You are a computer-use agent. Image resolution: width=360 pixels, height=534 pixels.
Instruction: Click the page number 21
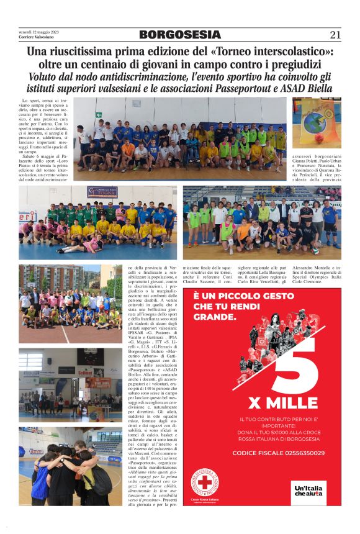335,35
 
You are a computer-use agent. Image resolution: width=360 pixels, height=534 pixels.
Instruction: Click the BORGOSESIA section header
179,35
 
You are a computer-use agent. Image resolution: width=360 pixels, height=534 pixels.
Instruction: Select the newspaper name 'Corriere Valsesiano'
36,37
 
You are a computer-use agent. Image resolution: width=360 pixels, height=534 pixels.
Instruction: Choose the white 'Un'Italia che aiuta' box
308,491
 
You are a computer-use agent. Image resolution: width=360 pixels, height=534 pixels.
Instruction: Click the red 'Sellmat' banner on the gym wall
86,373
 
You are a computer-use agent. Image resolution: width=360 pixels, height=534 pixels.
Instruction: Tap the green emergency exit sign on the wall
98,115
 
